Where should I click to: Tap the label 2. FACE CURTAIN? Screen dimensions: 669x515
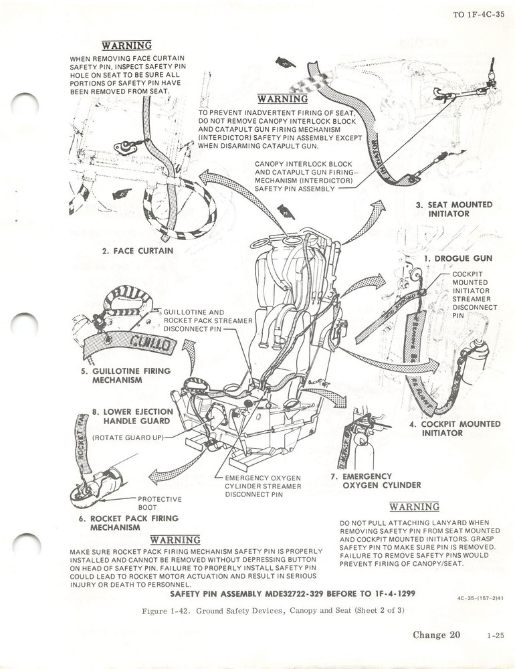[137, 251]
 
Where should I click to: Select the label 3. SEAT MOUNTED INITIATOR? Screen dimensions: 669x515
[453, 209]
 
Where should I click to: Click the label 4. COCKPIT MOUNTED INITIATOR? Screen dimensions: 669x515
[454, 428]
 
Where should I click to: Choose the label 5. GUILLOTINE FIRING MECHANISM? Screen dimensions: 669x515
[122, 375]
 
